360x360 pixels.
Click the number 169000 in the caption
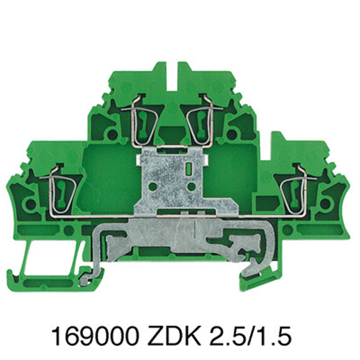click(95, 337)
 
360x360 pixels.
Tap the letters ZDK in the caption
click(174, 337)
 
